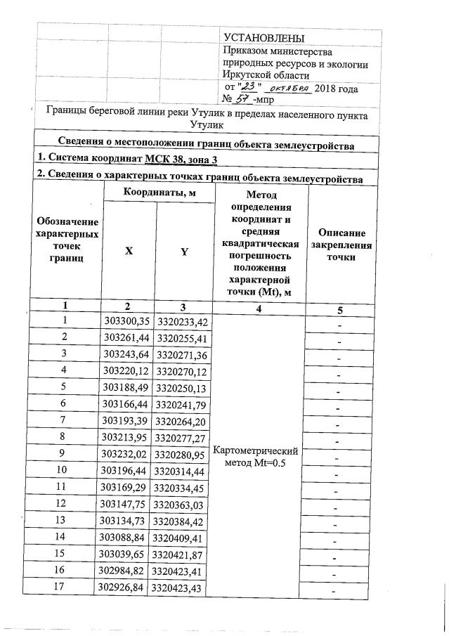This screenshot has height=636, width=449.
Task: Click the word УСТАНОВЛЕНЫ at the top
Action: point(264,37)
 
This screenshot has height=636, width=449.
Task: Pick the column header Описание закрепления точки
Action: point(340,245)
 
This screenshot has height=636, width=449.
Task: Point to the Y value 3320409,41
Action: point(183,538)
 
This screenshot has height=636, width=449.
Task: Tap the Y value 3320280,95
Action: point(183,453)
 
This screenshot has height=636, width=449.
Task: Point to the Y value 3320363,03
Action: point(183,504)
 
